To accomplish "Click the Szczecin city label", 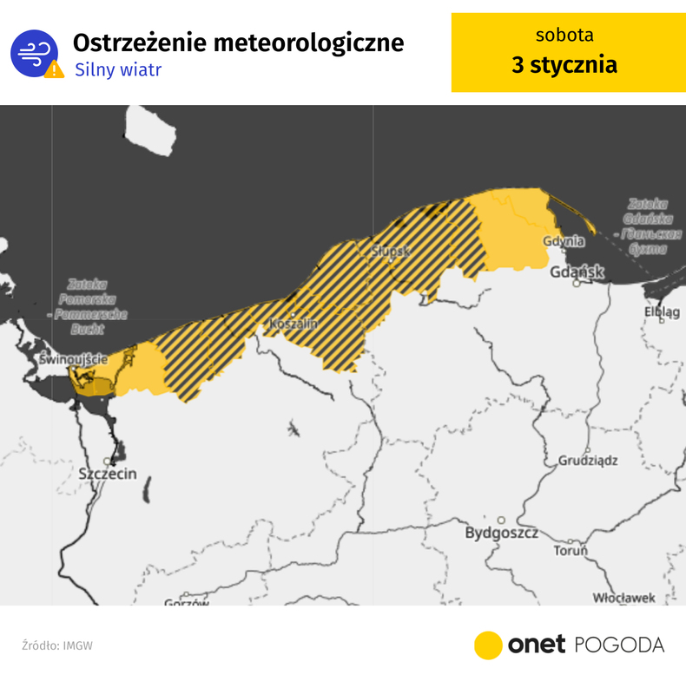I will [108, 475].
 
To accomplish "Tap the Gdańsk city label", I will [577, 272].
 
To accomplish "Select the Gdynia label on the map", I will [564, 241].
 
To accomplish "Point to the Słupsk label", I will [390, 252].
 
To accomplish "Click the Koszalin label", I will [294, 324].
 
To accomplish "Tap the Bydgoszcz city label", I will [502, 533].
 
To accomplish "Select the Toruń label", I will [571, 551].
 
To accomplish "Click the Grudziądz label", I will [587, 460].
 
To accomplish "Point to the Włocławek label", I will [623, 598].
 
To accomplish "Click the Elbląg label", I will [662, 311].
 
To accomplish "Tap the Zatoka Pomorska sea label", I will [86, 306].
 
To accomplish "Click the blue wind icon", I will [34, 53].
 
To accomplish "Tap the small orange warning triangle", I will [54, 69].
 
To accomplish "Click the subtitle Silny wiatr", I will [118, 69].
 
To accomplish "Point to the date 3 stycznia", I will [564, 65].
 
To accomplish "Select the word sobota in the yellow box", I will [564, 36].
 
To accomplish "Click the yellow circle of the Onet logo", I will [488, 645].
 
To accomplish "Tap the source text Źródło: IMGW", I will [57, 645].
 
